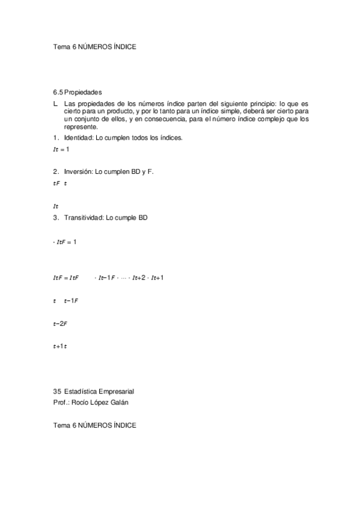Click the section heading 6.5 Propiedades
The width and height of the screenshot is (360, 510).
tap(78, 92)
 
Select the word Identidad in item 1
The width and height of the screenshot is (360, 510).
tap(79, 138)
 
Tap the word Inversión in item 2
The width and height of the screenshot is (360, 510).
tap(78, 171)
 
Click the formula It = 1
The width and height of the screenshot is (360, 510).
tap(61, 149)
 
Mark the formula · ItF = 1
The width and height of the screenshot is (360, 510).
tap(64, 242)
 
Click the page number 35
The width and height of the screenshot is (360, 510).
tap(57, 392)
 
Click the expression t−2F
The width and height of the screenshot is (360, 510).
tap(60, 324)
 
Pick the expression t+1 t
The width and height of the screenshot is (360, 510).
tap(60, 346)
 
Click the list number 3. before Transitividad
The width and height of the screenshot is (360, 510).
tap(56, 217)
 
